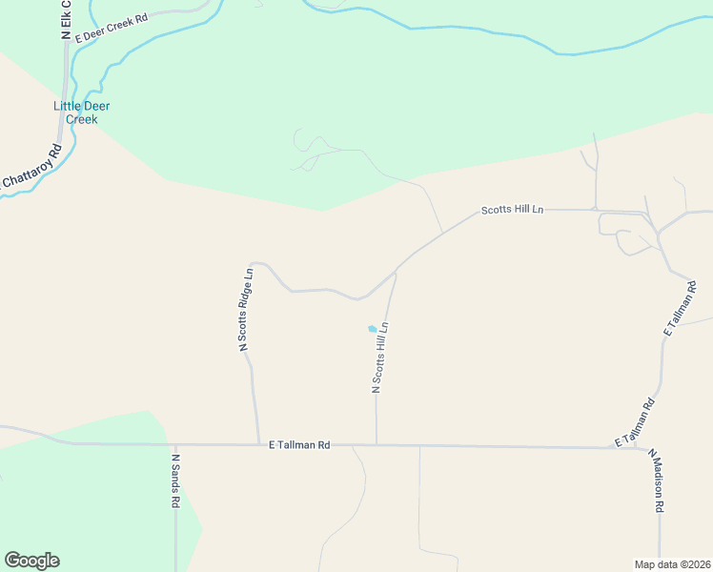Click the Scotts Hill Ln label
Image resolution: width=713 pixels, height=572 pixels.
click(x=512, y=210)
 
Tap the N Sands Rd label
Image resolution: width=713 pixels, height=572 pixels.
click(x=176, y=480)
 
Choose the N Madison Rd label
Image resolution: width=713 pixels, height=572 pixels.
click(x=657, y=481)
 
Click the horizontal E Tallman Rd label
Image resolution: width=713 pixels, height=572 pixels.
click(x=299, y=444)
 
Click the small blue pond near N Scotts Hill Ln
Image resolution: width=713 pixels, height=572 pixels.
click(x=372, y=329)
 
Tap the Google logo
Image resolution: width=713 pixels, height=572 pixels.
click(x=31, y=561)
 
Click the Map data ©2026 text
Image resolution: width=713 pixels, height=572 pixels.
click(x=672, y=563)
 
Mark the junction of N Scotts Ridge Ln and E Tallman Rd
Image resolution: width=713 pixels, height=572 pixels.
click(x=258, y=444)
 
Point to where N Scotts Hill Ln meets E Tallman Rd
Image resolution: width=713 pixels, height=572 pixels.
click(x=377, y=444)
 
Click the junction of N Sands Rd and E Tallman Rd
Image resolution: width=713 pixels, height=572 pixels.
click(x=175, y=444)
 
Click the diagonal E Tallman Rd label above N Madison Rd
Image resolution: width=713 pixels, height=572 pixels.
click(x=636, y=424)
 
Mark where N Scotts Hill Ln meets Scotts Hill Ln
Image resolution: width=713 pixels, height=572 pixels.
click(x=396, y=271)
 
